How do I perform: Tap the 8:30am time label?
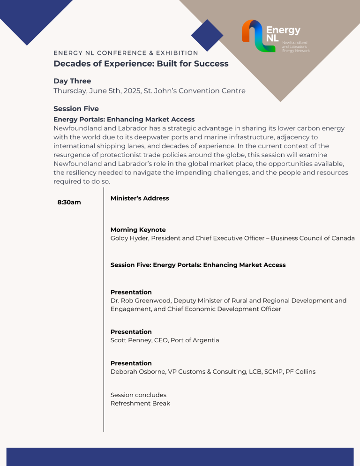69,203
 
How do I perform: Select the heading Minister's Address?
140,198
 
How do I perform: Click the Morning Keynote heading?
138,230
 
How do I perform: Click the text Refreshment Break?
140,403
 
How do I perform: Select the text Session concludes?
138,395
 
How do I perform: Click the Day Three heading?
72,81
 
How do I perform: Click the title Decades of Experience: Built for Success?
141,64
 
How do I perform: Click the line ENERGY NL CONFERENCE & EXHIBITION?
126,53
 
